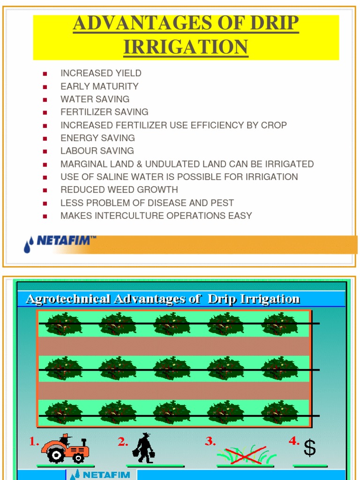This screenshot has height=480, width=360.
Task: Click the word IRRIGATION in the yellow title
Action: (x=186, y=47)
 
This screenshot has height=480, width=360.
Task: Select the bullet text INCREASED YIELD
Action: (x=101, y=73)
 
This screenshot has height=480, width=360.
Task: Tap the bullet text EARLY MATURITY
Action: (x=99, y=86)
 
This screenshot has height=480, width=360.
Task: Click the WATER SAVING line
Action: (x=95, y=99)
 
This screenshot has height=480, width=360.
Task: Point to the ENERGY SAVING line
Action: (x=97, y=138)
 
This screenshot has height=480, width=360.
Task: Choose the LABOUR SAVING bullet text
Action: (x=97, y=151)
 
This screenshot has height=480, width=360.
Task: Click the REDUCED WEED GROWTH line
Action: (x=119, y=190)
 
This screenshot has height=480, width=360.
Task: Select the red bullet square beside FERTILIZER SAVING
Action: (x=45, y=112)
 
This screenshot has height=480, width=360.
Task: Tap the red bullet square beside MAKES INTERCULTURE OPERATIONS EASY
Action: (x=45, y=216)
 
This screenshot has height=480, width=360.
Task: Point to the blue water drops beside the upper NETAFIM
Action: (x=29, y=245)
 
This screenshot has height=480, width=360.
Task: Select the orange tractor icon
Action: (x=65, y=449)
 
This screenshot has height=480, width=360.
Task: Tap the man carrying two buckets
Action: (x=144, y=448)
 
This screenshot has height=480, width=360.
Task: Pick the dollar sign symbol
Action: (x=309, y=449)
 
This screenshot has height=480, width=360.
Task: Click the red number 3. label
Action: (x=210, y=442)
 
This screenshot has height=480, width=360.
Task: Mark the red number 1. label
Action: (x=34, y=442)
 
